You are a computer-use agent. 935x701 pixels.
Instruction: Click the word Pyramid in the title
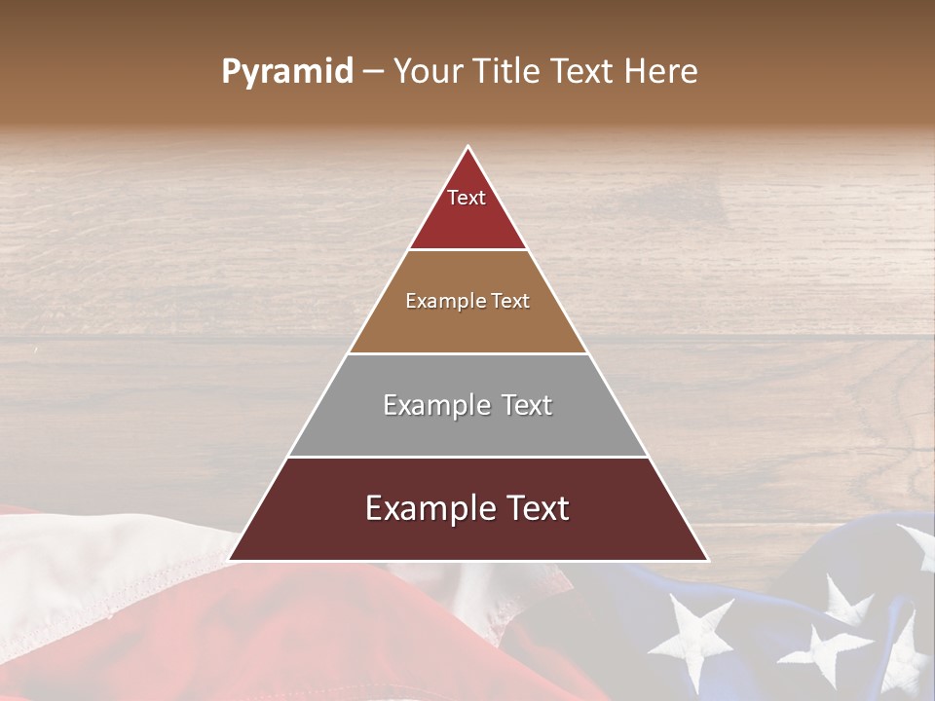[x=287, y=72]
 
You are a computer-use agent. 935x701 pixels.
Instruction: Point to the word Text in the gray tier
[x=526, y=405]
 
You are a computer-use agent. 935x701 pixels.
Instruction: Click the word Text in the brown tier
[x=511, y=301]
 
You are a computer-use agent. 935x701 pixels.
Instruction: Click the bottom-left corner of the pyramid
[x=230, y=560]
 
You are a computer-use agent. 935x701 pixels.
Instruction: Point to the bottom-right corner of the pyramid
[x=707, y=560]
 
